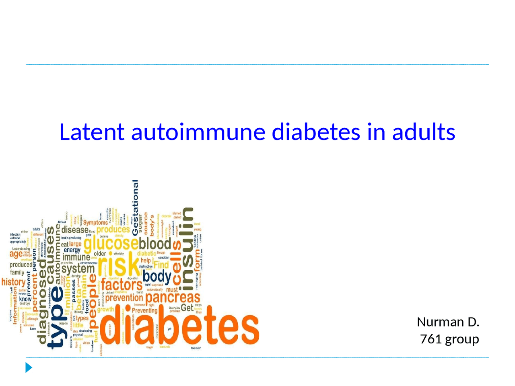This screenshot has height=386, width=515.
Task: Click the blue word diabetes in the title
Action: tap(316, 132)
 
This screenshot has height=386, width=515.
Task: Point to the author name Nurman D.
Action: tap(448, 322)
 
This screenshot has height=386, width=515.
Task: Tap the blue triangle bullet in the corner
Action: tap(29, 367)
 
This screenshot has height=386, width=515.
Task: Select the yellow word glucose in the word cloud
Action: tap(111, 244)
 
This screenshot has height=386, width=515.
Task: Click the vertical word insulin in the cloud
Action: tap(187, 249)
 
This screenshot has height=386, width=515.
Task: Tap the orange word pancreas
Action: tap(173, 298)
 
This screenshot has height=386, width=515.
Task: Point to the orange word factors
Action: tap(122, 285)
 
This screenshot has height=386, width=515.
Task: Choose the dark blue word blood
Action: tap(155, 244)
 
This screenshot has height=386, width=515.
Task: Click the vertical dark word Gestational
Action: tap(135, 207)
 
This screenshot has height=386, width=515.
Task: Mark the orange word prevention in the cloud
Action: tap(124, 298)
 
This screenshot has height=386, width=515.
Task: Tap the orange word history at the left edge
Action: tap(13, 282)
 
